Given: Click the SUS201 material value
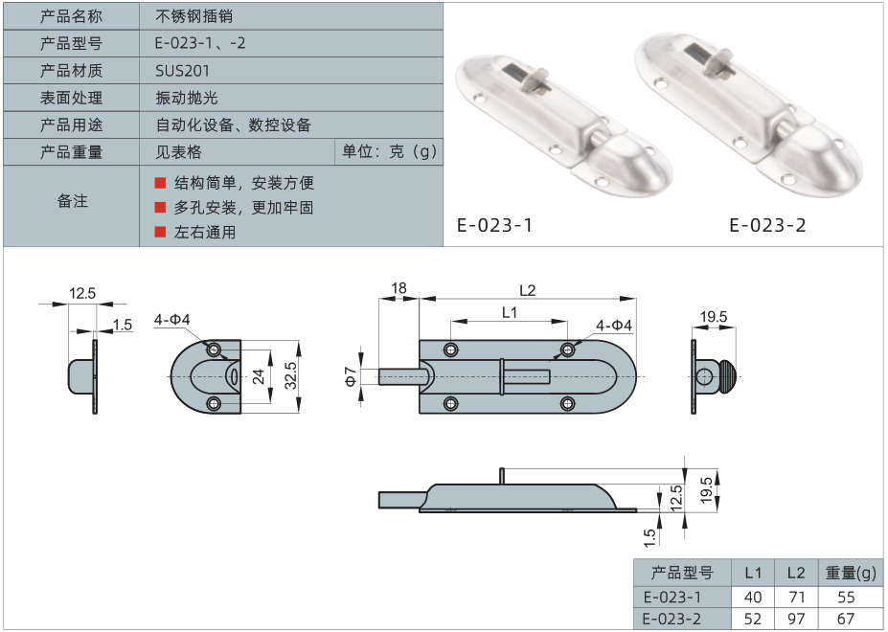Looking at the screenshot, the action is point(182,71).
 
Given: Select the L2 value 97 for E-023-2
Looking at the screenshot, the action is point(796,619).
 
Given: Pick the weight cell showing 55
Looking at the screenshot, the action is point(846,597).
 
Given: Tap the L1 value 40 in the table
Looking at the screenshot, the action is point(753,597).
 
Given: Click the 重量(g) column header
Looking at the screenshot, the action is point(851,573).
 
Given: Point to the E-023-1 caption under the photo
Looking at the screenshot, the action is point(494,225).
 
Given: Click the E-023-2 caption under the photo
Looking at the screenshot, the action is point(767,225).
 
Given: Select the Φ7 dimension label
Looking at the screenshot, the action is point(351,376).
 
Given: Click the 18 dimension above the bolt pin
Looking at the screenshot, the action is point(398,288).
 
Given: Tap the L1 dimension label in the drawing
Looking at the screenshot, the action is point(510,312).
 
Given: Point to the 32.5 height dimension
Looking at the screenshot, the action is point(290,375).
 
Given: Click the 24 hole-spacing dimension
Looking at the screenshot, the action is point(259,376).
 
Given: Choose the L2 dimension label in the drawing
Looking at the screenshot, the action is point(527,290).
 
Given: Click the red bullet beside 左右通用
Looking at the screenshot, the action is point(160,232).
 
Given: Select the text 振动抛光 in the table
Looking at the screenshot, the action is point(187,98).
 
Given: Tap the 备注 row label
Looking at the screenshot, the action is point(72,200).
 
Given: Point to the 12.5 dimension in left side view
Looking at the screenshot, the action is point(82,293).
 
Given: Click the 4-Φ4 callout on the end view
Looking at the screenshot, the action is point(172,320).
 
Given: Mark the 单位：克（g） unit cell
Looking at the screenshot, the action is point(389,151).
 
